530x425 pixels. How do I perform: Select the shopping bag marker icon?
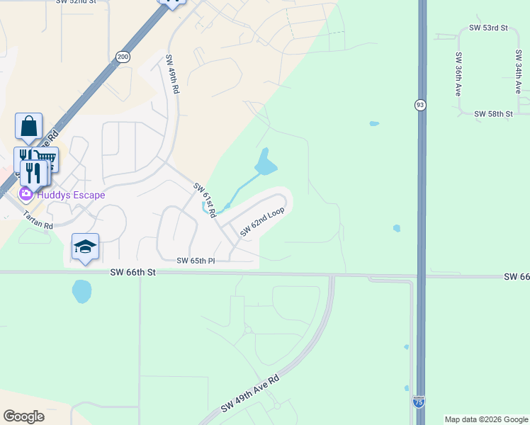[28, 127]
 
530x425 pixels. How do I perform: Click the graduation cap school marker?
[85, 246]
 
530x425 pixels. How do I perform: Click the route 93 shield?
[420, 105]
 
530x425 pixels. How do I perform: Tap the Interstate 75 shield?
[419, 402]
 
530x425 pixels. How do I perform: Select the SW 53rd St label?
[489, 28]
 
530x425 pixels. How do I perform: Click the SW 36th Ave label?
[458, 74]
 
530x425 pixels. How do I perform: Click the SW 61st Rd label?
[204, 200]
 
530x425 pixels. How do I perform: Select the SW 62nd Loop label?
[262, 222]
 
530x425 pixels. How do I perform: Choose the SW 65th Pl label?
[196, 261]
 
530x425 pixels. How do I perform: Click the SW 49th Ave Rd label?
[250, 394]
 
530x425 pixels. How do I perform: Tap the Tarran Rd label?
[38, 220]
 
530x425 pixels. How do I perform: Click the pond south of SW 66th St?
[81, 290]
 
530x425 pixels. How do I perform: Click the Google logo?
[23, 416]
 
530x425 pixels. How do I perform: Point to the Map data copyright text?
[485, 419]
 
